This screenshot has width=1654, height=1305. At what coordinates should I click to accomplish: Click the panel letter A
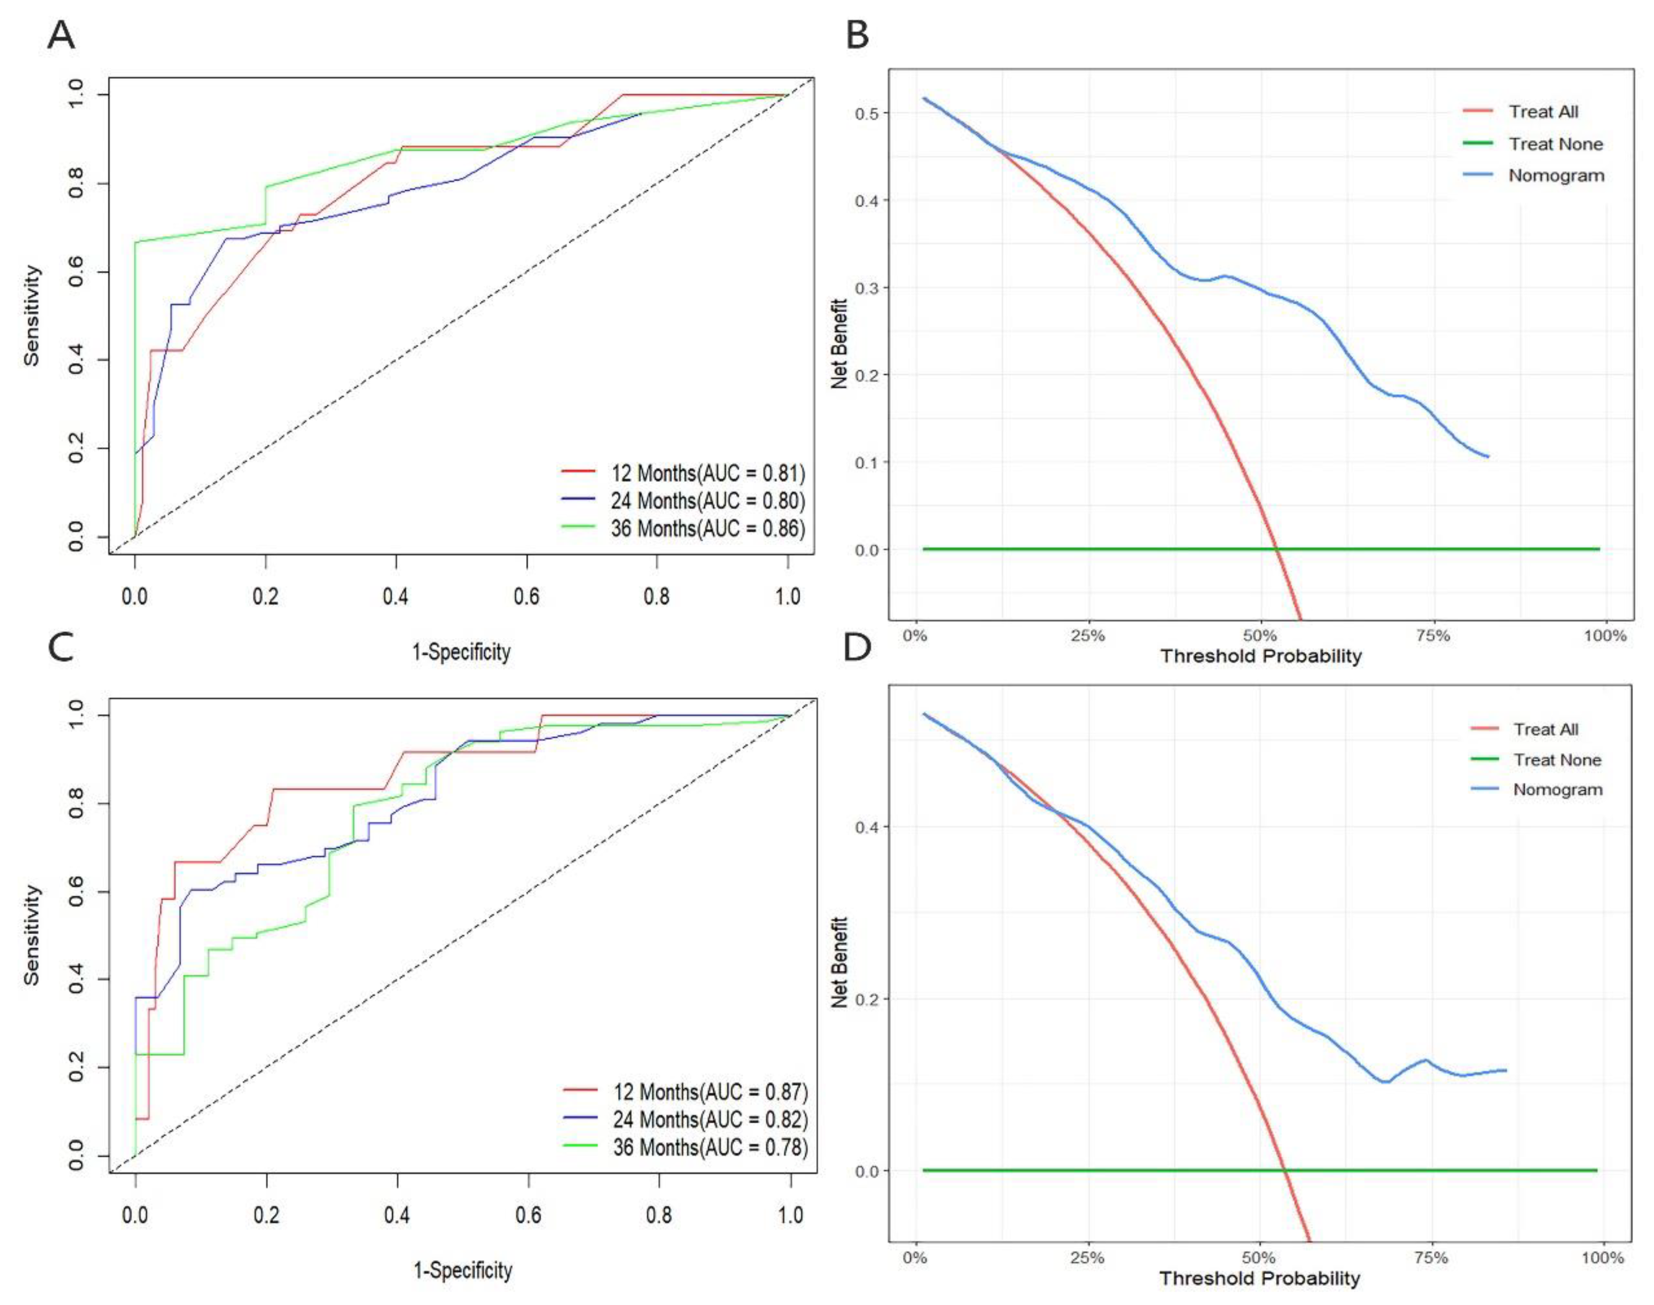tap(61, 36)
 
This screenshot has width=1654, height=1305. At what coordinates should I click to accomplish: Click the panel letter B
tap(857, 36)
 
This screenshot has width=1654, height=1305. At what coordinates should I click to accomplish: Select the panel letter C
tap(61, 648)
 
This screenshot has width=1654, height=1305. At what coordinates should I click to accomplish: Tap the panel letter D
tap(857, 648)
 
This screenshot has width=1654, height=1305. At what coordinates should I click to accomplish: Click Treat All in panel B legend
tap(1543, 111)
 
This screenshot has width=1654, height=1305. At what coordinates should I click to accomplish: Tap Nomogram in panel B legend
tap(1555, 176)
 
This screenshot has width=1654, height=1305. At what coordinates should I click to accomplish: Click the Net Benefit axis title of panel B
tap(840, 344)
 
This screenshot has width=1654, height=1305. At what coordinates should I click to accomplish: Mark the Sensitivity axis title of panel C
tap(31, 935)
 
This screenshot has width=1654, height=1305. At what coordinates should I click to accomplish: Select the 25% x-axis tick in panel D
tap(1087, 1258)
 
